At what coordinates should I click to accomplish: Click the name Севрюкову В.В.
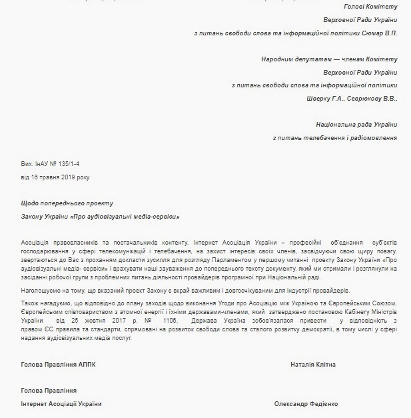(374, 99)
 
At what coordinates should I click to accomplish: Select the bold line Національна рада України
(356, 125)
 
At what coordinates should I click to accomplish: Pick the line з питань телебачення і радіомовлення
(335, 138)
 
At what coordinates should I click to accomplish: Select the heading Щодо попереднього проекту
(67, 203)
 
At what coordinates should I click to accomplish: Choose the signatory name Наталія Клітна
(313, 365)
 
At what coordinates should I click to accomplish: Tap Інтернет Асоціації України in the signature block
(62, 404)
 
